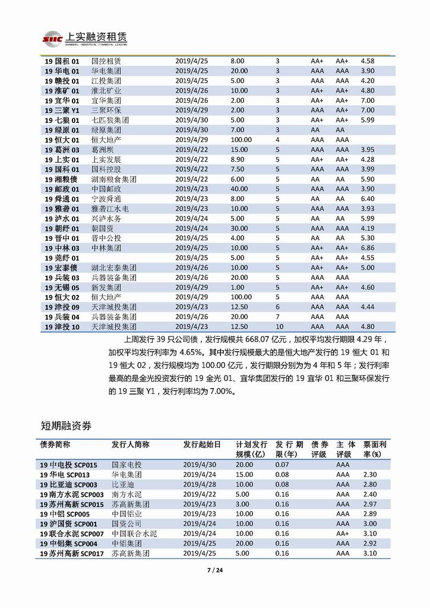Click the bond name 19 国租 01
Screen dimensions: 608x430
pyautogui.click(x=62, y=61)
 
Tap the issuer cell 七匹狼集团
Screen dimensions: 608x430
pyautogui.click(x=110, y=119)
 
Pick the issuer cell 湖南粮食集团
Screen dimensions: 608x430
pyautogui.click(x=114, y=178)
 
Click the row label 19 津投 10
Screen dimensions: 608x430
pyautogui.click(x=62, y=326)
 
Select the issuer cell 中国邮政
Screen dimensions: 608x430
pyautogui.click(x=106, y=188)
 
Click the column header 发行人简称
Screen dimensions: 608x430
pyautogui.click(x=130, y=445)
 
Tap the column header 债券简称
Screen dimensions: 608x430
pyautogui.click(x=55, y=445)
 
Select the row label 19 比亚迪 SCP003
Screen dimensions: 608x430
pyautogui.click(x=71, y=484)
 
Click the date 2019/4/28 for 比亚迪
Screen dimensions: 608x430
pyautogui.click(x=200, y=484)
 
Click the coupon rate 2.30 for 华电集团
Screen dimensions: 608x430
pyautogui.click(x=371, y=474)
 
